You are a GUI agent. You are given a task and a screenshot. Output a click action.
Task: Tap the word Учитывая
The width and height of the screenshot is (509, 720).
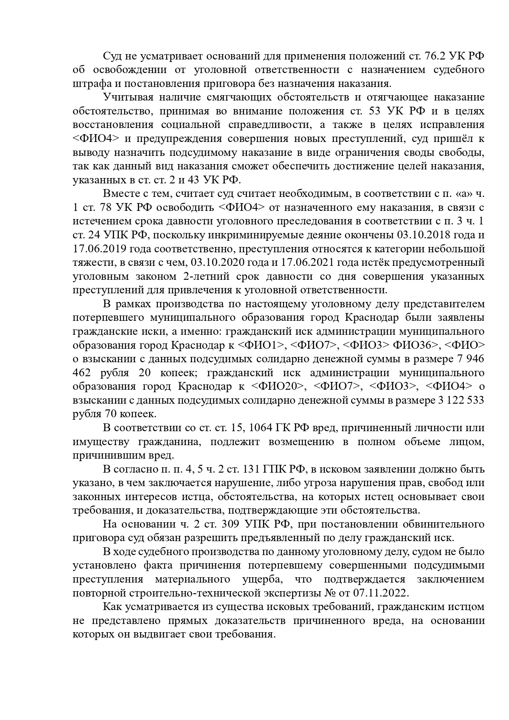pos(126,97)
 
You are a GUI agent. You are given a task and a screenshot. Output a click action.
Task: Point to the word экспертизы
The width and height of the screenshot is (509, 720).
pos(304,593)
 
